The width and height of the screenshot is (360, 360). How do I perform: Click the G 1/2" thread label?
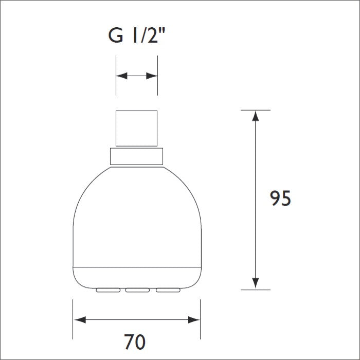click(x=137, y=36)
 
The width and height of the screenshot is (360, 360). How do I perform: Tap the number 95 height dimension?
click(x=280, y=198)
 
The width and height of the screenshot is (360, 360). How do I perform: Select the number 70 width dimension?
click(x=135, y=342)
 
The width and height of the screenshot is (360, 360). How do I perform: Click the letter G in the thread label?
click(x=116, y=36)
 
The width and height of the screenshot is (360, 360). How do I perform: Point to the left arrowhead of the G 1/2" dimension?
click(x=122, y=76)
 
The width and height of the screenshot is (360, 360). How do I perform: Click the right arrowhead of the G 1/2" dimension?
click(x=152, y=76)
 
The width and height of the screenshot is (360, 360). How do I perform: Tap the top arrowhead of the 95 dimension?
click(x=256, y=116)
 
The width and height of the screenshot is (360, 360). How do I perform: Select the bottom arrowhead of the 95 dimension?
click(x=256, y=283)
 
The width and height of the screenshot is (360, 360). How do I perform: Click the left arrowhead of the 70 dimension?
click(x=80, y=319)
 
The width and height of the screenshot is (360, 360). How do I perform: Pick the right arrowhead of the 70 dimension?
click(x=194, y=319)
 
